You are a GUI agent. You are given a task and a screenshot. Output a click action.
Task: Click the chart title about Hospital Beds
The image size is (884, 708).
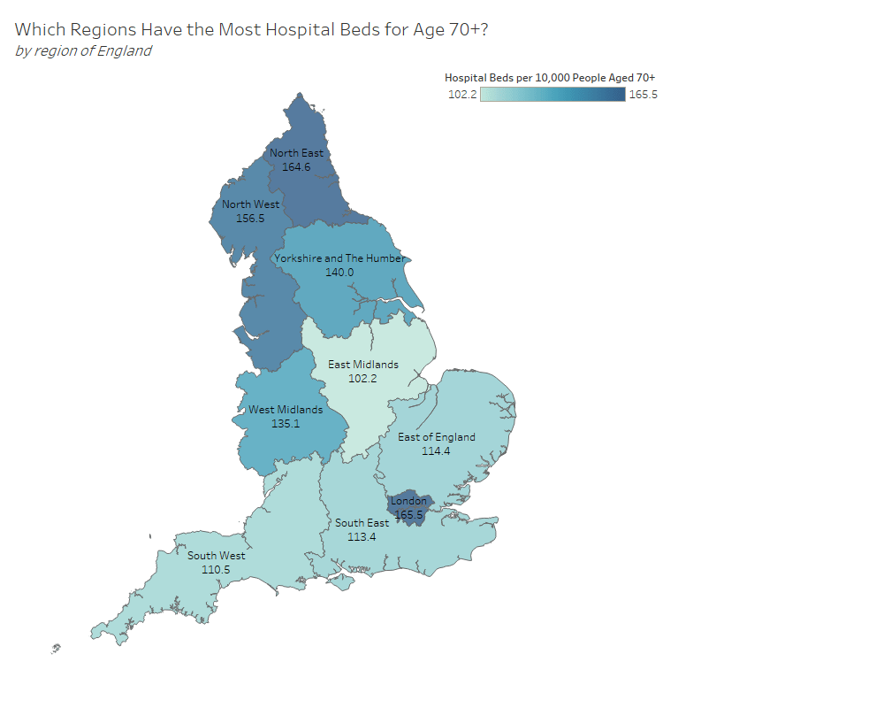pos(252,29)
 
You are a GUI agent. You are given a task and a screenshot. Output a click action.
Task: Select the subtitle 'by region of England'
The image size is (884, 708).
pos(83,50)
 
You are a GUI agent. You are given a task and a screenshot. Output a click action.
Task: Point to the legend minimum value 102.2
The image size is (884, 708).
pos(462,95)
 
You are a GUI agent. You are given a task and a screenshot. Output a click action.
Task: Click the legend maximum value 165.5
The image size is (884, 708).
pos(643,95)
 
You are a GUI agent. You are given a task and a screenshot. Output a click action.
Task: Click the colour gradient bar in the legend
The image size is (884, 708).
pos(552,95)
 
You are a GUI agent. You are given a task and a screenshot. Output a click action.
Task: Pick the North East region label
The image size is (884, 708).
pos(296,153)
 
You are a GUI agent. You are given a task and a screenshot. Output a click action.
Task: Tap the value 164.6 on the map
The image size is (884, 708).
pos(296,166)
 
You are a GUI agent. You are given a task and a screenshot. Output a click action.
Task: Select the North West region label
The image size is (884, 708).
pos(250,204)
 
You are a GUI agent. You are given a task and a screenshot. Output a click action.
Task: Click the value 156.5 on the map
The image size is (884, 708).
pos(250,218)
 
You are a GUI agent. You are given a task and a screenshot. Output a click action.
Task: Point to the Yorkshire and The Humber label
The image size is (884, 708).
pos(339,258)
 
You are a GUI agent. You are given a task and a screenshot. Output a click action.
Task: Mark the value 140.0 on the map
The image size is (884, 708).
pos(339,273)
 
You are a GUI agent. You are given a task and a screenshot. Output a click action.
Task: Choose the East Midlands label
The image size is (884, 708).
pos(363,365)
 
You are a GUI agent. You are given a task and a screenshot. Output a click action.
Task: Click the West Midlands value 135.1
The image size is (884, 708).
pos(286,424)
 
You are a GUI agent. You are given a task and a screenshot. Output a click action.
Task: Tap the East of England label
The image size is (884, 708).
pos(437,437)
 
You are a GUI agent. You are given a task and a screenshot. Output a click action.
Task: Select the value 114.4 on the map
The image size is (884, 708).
pos(437,451)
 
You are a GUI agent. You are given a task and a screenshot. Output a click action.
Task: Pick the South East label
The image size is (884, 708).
pos(362,523)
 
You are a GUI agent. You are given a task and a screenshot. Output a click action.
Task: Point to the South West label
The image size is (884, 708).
pos(217,556)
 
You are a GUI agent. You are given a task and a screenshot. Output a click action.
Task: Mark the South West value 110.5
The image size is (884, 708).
pos(217,570)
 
